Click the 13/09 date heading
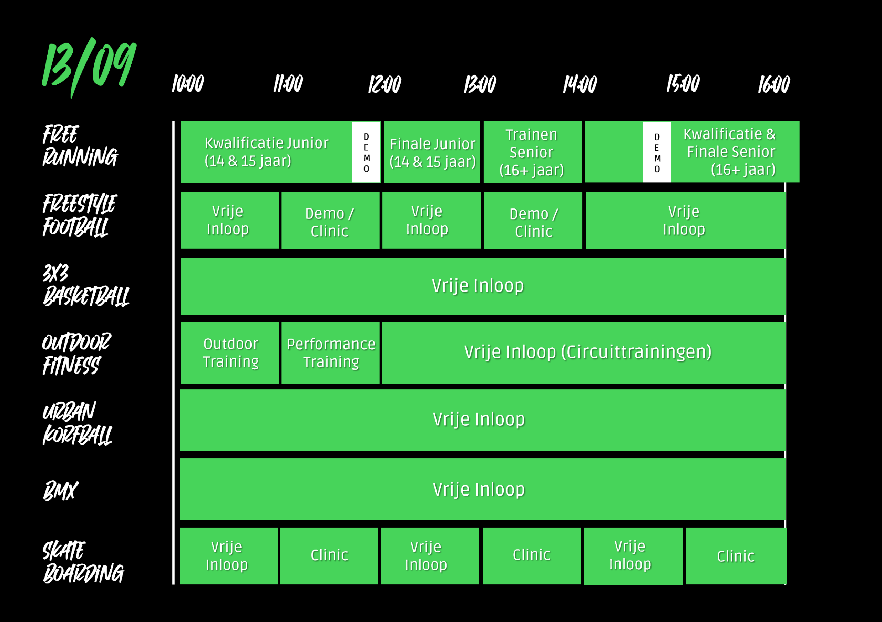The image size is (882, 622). point(89,67)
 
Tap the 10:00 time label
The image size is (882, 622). point(188,84)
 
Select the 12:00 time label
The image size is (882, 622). point(384,84)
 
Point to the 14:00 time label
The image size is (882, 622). point(580,84)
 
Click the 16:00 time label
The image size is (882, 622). point(774,84)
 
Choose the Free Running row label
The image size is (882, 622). point(80,146)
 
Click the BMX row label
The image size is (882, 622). point(61,491)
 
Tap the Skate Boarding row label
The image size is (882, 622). point(83,562)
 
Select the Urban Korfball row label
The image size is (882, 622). point(77,423)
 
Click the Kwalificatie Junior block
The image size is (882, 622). point(266,152)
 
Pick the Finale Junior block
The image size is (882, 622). point(432,152)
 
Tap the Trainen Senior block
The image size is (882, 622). point(532,152)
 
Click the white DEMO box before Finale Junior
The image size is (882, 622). point(366,152)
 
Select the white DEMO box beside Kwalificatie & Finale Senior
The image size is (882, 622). point(657,152)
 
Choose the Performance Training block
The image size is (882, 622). point(330,353)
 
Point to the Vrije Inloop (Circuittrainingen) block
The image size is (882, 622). point(584,353)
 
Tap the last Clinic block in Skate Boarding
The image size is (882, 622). point(736,556)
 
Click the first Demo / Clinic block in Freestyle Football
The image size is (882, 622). point(330,221)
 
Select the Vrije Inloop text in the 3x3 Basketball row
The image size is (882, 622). point(478,286)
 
